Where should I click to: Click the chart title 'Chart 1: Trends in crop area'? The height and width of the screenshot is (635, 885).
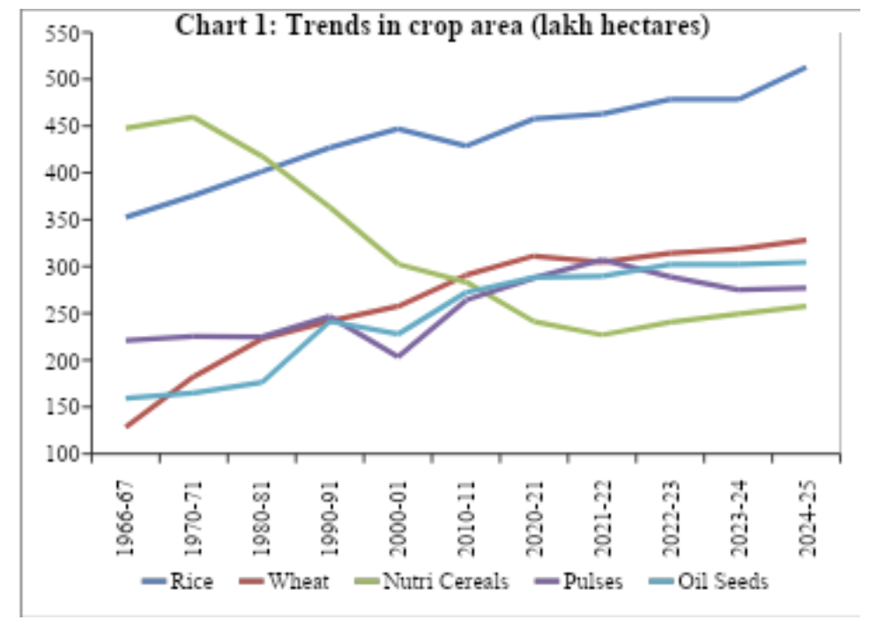pos(442,26)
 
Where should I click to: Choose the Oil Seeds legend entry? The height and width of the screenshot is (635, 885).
pos(723,582)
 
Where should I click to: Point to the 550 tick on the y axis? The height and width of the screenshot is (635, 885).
pos(63,34)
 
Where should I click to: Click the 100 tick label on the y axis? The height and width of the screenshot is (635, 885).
pos(63,454)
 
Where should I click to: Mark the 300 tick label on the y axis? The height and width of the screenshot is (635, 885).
pos(63,267)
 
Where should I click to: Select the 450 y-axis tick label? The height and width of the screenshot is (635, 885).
pos(63,127)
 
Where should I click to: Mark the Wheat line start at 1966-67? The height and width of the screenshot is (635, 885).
pos(127,427)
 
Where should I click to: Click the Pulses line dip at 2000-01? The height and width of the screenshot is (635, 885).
pos(398,357)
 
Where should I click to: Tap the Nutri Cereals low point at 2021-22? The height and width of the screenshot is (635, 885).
pos(602,335)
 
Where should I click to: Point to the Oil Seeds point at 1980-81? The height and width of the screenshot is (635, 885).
pos(263,382)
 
